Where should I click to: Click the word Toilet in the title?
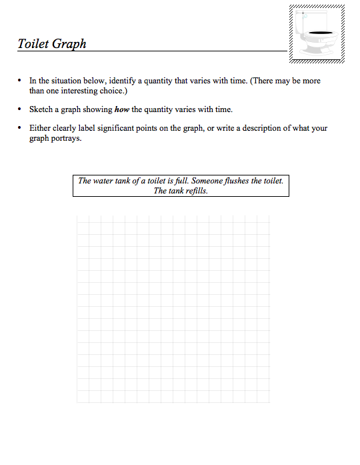click(x=33, y=44)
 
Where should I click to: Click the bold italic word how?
click(x=121, y=109)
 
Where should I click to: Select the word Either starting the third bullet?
click(x=40, y=128)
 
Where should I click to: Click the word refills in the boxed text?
click(x=195, y=190)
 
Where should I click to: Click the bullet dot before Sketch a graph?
click(x=21, y=109)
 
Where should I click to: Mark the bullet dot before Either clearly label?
click(x=21, y=128)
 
